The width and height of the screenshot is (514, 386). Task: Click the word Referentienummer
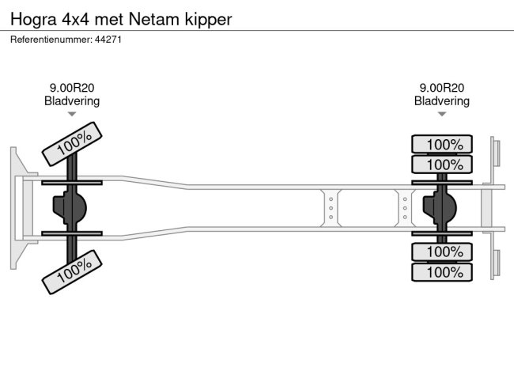(49, 39)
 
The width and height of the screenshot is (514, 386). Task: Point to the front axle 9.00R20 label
(72, 89)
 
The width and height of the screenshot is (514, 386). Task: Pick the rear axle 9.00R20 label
(442, 89)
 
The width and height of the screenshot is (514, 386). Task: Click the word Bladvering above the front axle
(72, 101)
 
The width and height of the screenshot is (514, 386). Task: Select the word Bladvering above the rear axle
(442, 101)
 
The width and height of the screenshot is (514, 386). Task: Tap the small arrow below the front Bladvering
(72, 114)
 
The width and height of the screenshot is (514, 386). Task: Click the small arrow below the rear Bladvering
(442, 114)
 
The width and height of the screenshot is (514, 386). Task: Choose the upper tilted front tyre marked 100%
(73, 144)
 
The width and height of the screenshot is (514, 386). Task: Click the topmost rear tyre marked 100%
(442, 145)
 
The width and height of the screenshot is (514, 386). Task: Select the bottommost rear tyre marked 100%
(442, 272)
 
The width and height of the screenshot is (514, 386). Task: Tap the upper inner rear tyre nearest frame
(442, 165)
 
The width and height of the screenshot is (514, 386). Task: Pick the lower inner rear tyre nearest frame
(442, 252)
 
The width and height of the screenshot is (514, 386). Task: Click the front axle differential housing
(69, 208)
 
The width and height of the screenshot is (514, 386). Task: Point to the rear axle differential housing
(440, 208)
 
